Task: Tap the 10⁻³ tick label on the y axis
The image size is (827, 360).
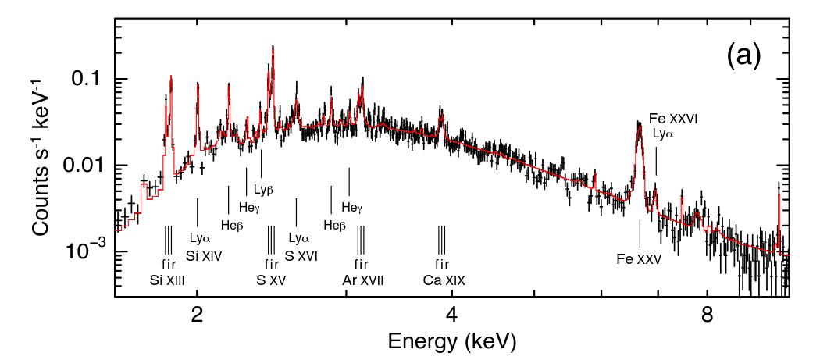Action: (x=87, y=251)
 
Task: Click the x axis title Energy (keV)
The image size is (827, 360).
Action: (x=451, y=341)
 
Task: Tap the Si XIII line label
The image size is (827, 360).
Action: (x=167, y=280)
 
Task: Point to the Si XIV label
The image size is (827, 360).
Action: (x=205, y=255)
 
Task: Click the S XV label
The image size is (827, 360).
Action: (x=271, y=280)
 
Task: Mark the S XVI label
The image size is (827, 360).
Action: (x=301, y=255)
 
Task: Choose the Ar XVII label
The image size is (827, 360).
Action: (x=363, y=280)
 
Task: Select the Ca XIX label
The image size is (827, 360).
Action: (x=444, y=280)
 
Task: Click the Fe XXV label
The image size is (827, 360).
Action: (x=639, y=259)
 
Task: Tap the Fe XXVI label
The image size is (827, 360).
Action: (x=672, y=119)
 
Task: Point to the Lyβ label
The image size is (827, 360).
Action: (x=263, y=189)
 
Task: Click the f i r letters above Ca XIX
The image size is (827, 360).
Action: (x=442, y=263)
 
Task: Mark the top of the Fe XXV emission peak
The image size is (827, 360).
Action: (x=639, y=123)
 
